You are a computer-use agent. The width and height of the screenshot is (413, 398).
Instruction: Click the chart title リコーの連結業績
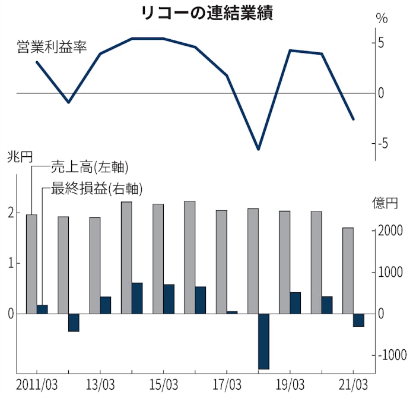pos(206,13)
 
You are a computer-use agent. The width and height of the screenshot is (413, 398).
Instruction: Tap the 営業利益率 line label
pos(52,47)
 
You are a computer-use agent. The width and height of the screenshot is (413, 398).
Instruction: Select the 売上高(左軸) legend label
pos(90,167)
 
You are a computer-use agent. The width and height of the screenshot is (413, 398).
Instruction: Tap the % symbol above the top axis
pos(382,18)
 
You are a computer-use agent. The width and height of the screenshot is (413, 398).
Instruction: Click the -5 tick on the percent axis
pos(380,143)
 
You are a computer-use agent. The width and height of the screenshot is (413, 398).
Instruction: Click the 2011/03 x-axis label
pos(37,383)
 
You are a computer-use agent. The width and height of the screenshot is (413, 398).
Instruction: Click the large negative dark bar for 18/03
pos(263,341)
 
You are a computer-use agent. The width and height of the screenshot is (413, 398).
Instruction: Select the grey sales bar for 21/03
pos(348,270)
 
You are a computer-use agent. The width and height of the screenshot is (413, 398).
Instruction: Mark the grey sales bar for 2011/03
pos(31,264)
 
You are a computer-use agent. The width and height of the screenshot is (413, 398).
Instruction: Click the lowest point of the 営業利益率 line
pos(258,149)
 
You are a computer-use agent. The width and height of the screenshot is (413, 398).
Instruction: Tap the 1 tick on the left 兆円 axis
pos(11,263)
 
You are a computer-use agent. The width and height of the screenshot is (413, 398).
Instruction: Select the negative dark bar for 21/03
pos(358,320)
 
